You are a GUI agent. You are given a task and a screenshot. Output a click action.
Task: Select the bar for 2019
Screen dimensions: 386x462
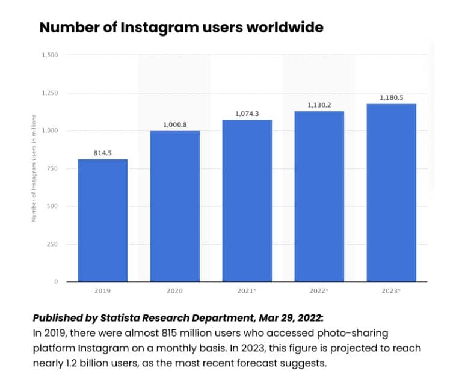(x=102, y=220)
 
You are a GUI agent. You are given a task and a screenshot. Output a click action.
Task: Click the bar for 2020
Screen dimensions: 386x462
(x=174, y=206)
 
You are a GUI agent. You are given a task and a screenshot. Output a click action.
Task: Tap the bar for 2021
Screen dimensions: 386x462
(x=247, y=201)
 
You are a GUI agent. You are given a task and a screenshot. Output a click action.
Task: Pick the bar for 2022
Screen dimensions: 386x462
(x=319, y=197)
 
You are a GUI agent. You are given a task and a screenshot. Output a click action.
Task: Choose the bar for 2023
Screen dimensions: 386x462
(x=391, y=192)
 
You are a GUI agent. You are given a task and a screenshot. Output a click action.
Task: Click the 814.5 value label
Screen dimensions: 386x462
(x=102, y=153)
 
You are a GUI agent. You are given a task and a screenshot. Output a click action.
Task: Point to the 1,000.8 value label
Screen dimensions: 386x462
(x=174, y=125)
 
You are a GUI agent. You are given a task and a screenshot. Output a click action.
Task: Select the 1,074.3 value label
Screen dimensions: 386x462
(x=247, y=114)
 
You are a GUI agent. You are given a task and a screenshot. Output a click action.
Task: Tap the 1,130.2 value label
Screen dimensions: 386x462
(x=319, y=105)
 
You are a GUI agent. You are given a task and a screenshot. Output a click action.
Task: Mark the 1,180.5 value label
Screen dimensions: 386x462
(x=391, y=97)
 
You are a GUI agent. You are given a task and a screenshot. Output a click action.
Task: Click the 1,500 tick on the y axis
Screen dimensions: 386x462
(x=50, y=55)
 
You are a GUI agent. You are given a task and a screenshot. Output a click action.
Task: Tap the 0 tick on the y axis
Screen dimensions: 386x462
(x=56, y=281)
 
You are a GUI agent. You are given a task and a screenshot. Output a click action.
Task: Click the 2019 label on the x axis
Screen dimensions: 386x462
(x=102, y=291)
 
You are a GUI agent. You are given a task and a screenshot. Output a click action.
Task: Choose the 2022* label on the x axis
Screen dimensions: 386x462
(x=319, y=291)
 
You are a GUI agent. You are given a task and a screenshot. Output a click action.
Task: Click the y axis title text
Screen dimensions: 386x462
(x=35, y=168)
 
